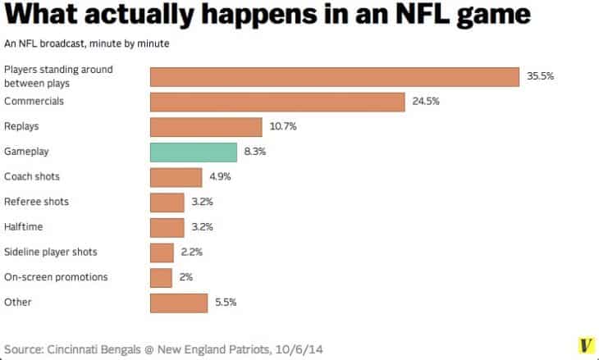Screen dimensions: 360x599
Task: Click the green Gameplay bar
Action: tap(193, 152)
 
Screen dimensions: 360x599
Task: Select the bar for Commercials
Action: tap(277, 102)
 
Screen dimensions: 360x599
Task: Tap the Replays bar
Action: tap(206, 127)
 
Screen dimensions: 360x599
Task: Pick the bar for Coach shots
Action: tap(176, 177)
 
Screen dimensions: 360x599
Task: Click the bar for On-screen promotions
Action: tap(161, 277)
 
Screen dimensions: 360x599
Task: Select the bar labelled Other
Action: tap(179, 302)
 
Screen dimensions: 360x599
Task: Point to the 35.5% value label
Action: tap(541, 76)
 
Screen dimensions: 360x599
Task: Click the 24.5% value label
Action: tap(426, 102)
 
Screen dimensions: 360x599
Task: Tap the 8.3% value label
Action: tap(255, 152)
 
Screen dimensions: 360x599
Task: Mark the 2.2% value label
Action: tap(192, 253)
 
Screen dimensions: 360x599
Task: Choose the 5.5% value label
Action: tap(226, 302)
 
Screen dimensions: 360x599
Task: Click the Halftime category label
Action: tap(23, 227)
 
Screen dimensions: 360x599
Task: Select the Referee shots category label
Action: tap(36, 202)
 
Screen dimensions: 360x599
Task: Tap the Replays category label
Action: tap(21, 127)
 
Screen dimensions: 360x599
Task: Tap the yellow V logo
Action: tap(586, 346)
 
